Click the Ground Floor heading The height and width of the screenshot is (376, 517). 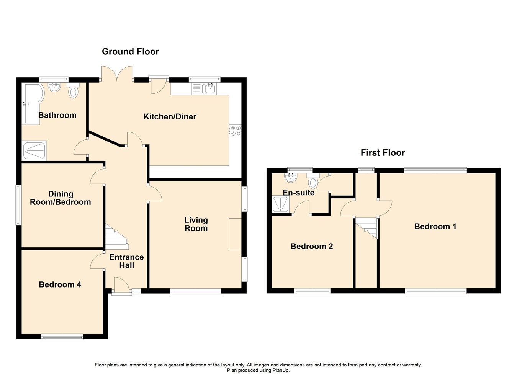pyautogui.click(x=130, y=52)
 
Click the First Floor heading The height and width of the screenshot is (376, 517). pyautogui.click(x=383, y=153)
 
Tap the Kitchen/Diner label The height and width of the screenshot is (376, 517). pyautogui.click(x=170, y=117)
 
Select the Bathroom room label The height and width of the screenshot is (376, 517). pyautogui.click(x=57, y=115)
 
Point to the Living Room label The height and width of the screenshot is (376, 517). pyautogui.click(x=196, y=224)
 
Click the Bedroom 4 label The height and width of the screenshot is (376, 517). pyautogui.click(x=60, y=284)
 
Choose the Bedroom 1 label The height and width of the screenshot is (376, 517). pyautogui.click(x=435, y=226)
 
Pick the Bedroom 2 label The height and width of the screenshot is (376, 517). pyautogui.click(x=311, y=246)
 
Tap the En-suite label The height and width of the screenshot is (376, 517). pyautogui.click(x=298, y=193)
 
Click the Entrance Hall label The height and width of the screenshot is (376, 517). pyautogui.click(x=126, y=261)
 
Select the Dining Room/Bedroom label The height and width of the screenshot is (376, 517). pyautogui.click(x=61, y=198)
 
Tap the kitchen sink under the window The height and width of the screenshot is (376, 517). pyautogui.click(x=210, y=89)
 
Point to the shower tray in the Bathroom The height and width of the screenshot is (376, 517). pyautogui.click(x=35, y=150)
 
